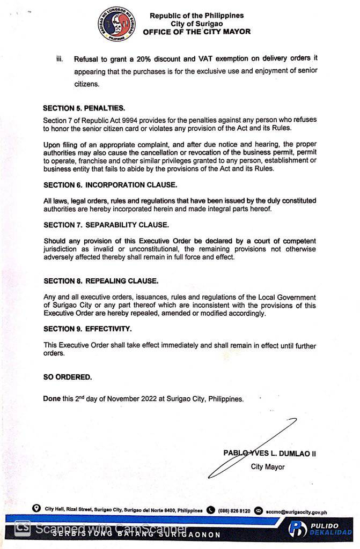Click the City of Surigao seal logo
[116, 24]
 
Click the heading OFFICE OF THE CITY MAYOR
[196, 32]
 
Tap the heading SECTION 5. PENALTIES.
[84, 108]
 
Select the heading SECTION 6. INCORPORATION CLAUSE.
[110, 185]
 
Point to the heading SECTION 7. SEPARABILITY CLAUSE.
[106, 225]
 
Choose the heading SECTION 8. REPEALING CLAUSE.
[101, 281]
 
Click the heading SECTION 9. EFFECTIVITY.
[87, 329]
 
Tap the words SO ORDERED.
[68, 377]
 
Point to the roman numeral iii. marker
[60, 58]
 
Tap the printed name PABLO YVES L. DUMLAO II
[269, 453]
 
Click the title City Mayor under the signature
[268, 467]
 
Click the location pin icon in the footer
[36, 508]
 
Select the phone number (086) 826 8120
[234, 511]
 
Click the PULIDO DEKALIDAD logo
[320, 529]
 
